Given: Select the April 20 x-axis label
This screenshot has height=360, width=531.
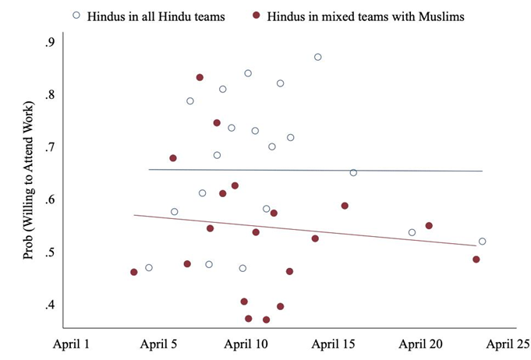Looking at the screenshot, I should point(422,344).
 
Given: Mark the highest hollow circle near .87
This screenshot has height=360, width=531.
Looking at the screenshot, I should point(317,57).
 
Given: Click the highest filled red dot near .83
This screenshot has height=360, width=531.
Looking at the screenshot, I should point(200,77).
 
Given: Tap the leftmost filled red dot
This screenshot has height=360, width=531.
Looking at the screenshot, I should point(134,272).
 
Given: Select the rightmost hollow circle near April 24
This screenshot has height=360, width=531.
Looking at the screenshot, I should point(483,242).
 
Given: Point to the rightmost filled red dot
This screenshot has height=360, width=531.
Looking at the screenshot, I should point(476,259).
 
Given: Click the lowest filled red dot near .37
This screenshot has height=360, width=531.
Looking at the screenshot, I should point(266,319).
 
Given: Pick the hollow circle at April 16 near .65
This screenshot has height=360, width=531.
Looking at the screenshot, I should point(353,172).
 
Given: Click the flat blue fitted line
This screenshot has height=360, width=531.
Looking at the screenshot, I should point(312,170).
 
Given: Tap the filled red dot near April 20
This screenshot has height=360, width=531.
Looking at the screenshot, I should point(429,226).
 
